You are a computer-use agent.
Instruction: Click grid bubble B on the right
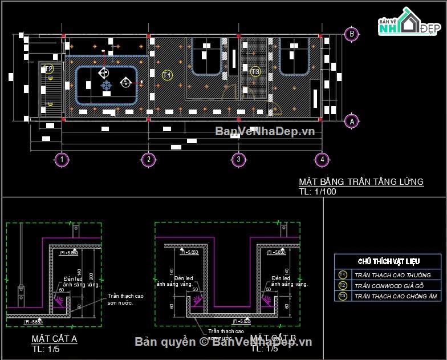click(352, 34)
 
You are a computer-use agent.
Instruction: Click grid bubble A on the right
click(352, 120)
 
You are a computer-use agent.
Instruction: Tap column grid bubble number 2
click(148, 159)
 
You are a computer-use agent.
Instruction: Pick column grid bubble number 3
click(238, 159)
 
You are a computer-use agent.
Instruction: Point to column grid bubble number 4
click(322, 159)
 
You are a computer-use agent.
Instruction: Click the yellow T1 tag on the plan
click(167, 75)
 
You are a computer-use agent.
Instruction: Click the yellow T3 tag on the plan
click(255, 71)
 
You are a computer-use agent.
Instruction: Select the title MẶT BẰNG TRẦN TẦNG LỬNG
click(361, 182)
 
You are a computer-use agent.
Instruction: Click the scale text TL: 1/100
click(318, 192)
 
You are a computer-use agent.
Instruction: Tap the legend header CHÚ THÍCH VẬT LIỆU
click(389, 261)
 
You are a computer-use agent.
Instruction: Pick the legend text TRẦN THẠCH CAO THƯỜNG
click(392, 275)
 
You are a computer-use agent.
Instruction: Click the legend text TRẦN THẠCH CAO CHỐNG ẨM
click(395, 296)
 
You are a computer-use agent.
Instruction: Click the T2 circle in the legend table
click(342, 285)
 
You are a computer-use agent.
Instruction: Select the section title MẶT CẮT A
click(54, 339)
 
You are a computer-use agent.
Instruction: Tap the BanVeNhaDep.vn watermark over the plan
click(265, 132)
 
